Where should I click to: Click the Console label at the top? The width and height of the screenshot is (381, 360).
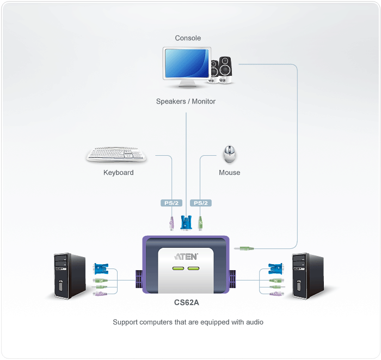188,38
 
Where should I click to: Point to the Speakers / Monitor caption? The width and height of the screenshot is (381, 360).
186,101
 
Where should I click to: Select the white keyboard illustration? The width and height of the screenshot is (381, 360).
116,155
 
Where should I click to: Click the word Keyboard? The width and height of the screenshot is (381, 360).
118,173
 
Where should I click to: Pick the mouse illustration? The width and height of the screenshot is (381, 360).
230,154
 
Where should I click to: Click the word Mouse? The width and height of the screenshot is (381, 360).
229,173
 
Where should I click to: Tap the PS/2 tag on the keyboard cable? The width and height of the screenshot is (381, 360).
171,203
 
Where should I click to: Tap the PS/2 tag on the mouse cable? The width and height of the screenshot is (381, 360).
201,203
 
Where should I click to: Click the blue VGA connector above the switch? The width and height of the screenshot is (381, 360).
186,222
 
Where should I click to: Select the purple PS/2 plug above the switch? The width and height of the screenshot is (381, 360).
171,223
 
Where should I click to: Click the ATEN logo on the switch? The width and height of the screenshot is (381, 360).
186,256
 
